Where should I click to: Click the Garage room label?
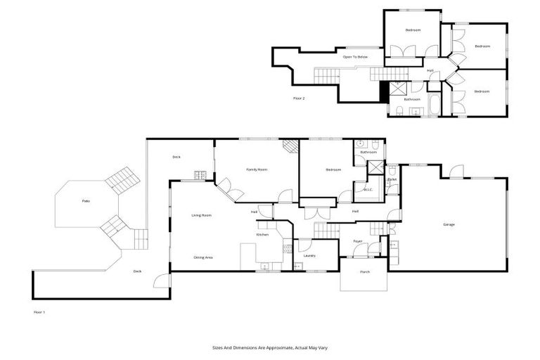pyautogui.click(x=449, y=224)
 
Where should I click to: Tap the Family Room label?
pyautogui.click(x=256, y=169)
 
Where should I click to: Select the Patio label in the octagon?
pyautogui.click(x=86, y=201)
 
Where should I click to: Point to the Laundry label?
pyautogui.click(x=309, y=255)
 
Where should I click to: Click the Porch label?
pyautogui.click(x=364, y=271)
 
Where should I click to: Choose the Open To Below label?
pyautogui.click(x=355, y=57)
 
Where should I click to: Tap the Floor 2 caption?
pyautogui.click(x=299, y=98)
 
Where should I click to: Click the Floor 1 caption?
pyautogui.click(x=39, y=311)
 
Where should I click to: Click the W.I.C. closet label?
pyautogui.click(x=368, y=189)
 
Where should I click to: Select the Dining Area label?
pyautogui.click(x=203, y=257)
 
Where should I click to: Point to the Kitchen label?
pyautogui.click(x=262, y=234)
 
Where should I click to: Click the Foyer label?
pyautogui.click(x=357, y=241)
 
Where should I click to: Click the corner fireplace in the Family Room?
pyautogui.click(x=291, y=146)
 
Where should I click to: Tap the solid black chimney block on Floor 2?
pyautogui.click(x=384, y=91)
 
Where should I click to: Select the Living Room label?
pyautogui.click(x=202, y=215)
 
